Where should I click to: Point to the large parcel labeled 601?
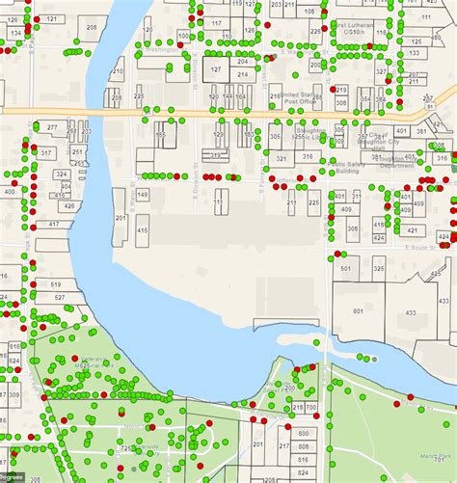pos(357,310)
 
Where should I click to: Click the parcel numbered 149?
pos(143,195)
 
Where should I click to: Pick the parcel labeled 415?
pos(143,230)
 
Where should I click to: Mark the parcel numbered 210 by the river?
pos(117,70)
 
